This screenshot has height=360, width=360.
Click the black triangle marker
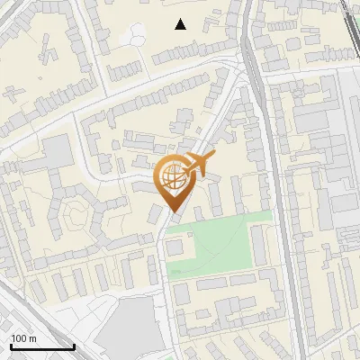[x=181, y=24]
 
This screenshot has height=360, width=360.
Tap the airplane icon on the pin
[x=198, y=166]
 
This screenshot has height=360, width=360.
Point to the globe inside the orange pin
[x=172, y=176]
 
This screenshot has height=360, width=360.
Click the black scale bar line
[x=41, y=346]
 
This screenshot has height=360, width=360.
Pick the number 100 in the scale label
[x=20, y=338]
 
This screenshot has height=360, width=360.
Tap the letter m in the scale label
[x=33, y=338]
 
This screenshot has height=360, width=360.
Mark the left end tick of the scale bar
[x=11, y=345]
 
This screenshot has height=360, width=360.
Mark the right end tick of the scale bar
[x=73, y=345]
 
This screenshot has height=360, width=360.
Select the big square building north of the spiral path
[x=58, y=153]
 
